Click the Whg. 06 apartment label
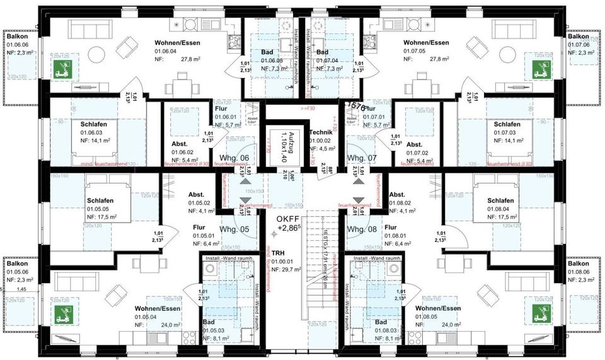(235, 158)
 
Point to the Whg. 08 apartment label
(361, 229)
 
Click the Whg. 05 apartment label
(235, 229)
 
